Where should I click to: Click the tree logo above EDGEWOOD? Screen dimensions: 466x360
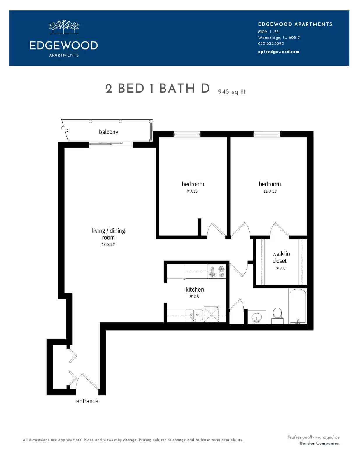(64, 27)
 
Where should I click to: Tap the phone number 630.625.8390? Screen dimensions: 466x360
(271, 43)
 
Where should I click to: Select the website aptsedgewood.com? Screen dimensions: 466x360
(278, 52)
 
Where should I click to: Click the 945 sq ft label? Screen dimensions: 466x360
(232, 92)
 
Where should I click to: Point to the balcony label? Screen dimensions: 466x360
(108, 132)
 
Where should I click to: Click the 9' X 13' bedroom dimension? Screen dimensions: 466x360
(193, 191)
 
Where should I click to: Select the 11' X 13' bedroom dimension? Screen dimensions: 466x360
(270, 191)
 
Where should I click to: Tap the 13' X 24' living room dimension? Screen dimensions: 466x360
(108, 245)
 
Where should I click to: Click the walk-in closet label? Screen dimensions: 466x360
(280, 257)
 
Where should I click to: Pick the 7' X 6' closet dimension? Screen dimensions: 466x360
(280, 269)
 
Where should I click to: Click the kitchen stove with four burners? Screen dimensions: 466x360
(217, 271)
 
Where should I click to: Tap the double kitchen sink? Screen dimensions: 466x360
(194, 315)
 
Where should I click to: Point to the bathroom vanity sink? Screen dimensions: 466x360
(256, 317)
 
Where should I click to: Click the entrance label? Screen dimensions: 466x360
(87, 401)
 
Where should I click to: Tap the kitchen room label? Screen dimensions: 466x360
(195, 290)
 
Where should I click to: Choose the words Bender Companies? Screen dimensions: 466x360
(319, 443)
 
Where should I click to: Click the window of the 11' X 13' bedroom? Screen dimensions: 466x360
(267, 134)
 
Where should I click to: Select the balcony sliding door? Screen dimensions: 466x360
(110, 143)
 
